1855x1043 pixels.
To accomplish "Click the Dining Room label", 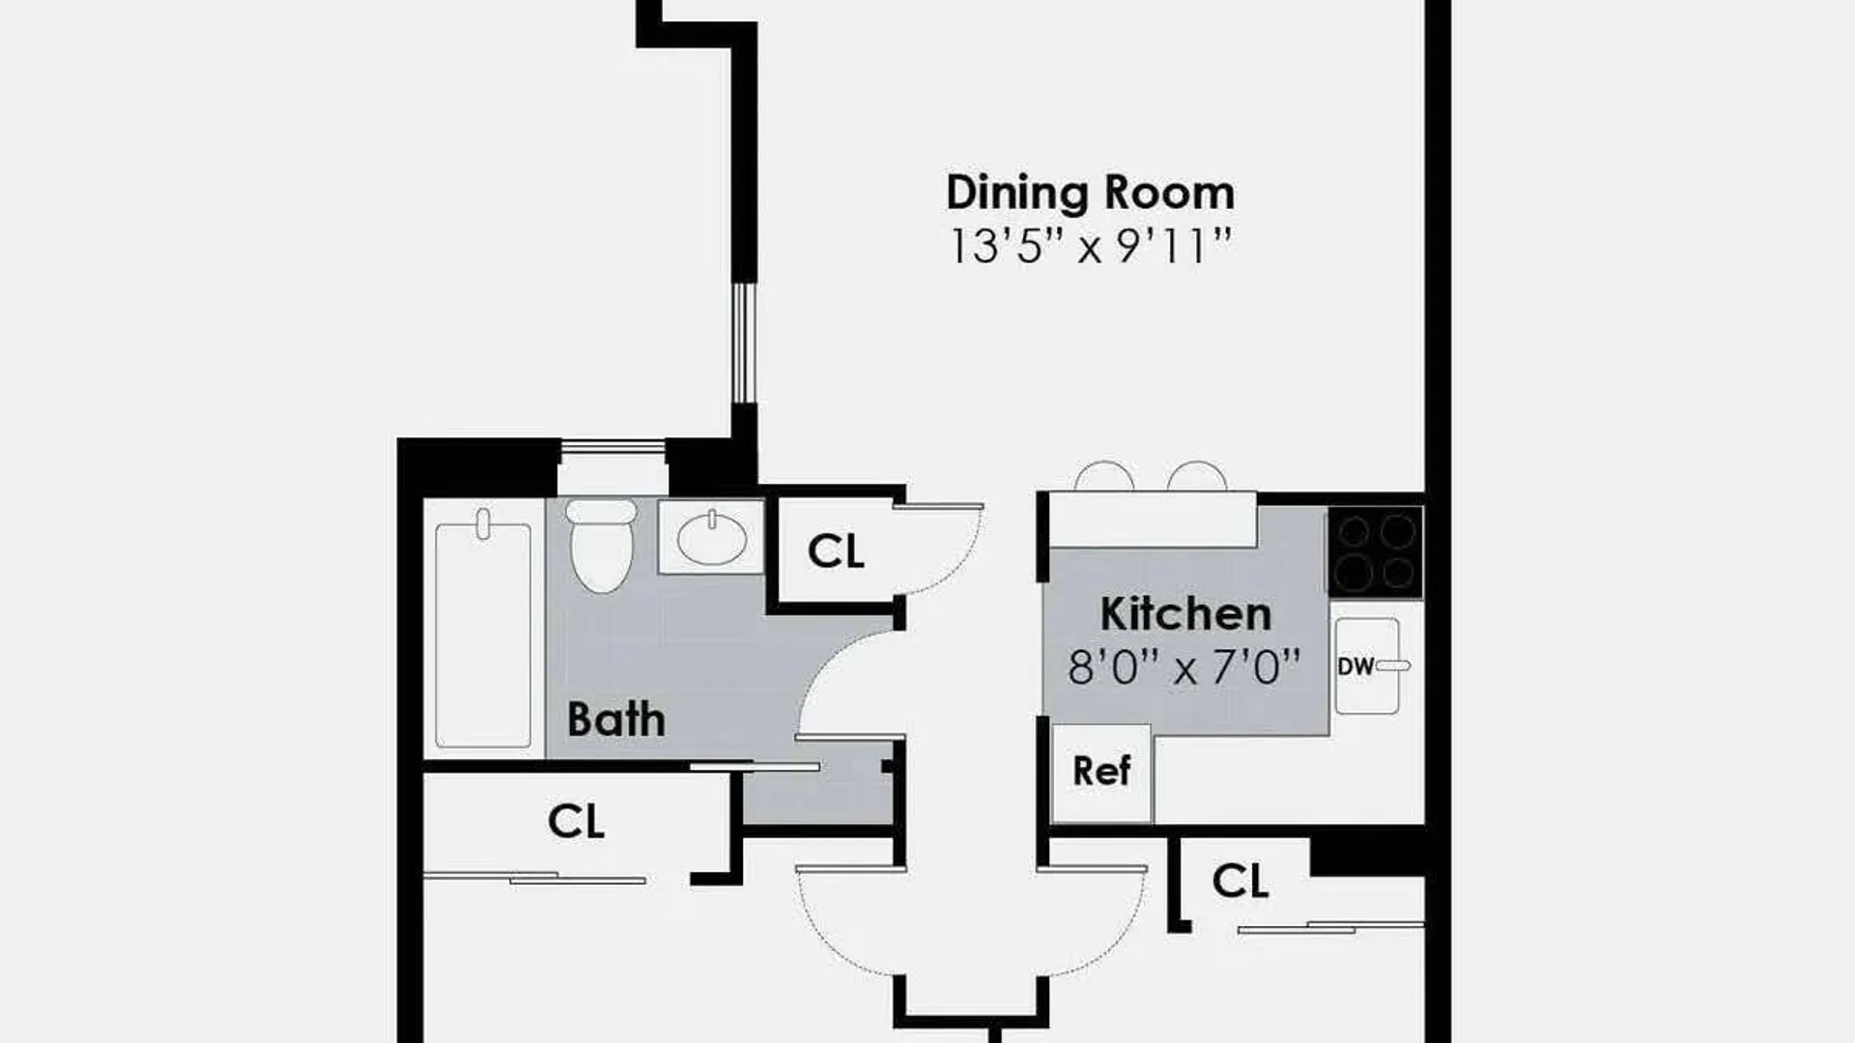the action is click(x=1090, y=192).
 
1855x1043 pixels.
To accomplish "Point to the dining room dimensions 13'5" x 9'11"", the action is click(x=1091, y=247).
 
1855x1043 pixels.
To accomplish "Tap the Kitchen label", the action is click(x=1185, y=614).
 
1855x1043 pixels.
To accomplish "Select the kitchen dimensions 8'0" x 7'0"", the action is click(x=1184, y=667).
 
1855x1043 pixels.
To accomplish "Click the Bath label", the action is click(x=615, y=719).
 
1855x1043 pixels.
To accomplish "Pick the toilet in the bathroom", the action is click(x=600, y=545).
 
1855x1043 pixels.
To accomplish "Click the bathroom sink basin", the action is click(x=712, y=538).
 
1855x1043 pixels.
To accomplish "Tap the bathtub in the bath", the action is click(x=483, y=634).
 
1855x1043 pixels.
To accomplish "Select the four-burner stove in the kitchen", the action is click(x=1376, y=550).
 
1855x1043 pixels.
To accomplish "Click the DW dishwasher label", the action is click(x=1356, y=666).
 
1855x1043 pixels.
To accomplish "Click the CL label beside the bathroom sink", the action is click(x=836, y=551).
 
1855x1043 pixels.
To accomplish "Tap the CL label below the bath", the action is click(x=576, y=822).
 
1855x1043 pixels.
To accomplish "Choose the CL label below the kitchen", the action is click(x=1240, y=881).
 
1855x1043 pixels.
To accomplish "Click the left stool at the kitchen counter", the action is click(x=1104, y=477).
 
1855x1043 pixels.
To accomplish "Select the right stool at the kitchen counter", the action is click(x=1197, y=477).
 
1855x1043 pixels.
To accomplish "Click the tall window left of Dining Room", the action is click(x=742, y=342).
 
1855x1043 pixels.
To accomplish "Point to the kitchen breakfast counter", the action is click(x=1153, y=520).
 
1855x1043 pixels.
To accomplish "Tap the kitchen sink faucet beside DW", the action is click(x=1393, y=665).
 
